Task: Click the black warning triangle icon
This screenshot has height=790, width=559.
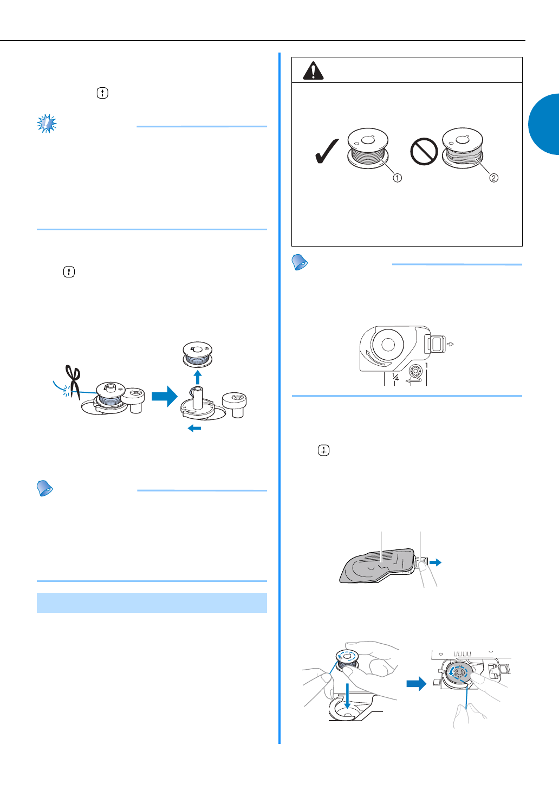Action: click(x=313, y=70)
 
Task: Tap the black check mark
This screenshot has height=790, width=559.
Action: click(x=327, y=151)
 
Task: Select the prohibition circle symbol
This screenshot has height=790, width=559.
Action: click(x=424, y=151)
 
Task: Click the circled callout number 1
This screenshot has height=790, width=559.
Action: click(x=397, y=178)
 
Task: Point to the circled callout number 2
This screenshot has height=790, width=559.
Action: click(x=494, y=178)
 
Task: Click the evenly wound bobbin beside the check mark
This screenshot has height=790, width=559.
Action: click(x=368, y=148)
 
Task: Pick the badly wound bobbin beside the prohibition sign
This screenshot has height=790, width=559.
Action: click(x=463, y=148)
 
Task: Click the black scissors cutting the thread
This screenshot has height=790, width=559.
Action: click(x=73, y=383)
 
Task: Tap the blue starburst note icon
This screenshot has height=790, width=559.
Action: click(x=47, y=124)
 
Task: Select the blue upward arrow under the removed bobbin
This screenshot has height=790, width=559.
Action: click(x=198, y=377)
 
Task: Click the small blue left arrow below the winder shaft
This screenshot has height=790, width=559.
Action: click(x=194, y=428)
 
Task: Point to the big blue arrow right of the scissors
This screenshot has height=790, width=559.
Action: click(x=165, y=396)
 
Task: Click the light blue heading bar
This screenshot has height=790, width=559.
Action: click(x=152, y=603)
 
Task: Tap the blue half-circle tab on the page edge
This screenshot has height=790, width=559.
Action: click(x=544, y=124)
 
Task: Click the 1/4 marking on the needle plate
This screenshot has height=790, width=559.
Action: click(x=395, y=377)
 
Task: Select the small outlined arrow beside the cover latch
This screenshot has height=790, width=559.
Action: click(x=450, y=344)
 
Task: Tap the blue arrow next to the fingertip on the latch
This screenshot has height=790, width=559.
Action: click(x=435, y=562)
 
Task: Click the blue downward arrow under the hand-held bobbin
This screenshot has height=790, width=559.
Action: click(x=348, y=696)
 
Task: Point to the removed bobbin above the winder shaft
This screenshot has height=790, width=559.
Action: click(x=198, y=354)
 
